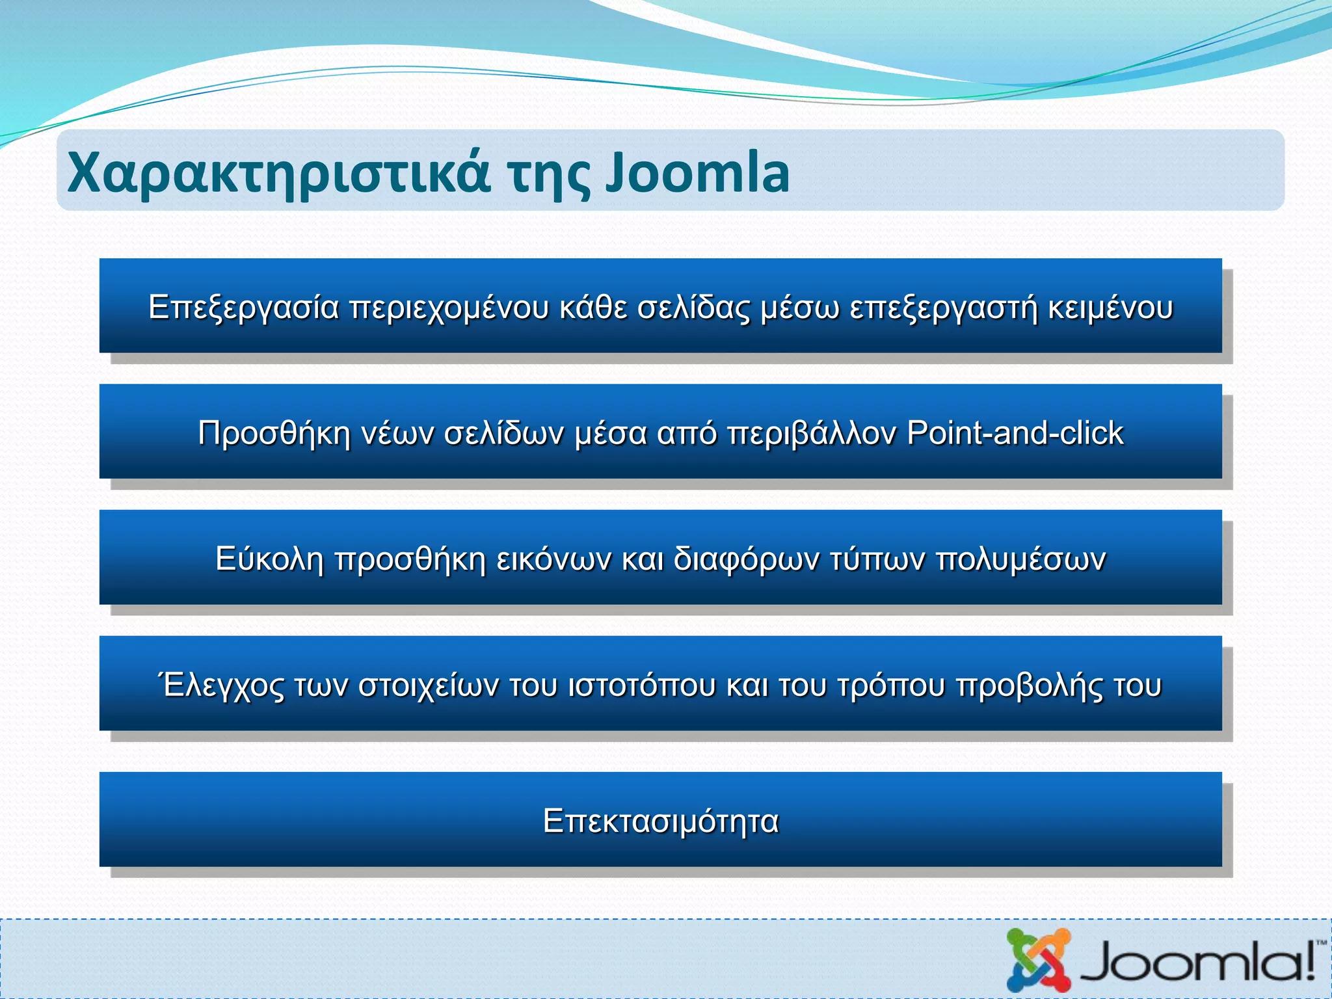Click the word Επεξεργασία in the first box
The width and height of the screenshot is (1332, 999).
click(x=244, y=308)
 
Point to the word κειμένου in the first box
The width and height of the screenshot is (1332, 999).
click(x=1110, y=308)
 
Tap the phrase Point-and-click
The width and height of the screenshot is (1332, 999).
click(x=1015, y=433)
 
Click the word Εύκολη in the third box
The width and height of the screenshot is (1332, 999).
click(x=269, y=559)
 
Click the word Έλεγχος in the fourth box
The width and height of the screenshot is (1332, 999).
click(x=221, y=685)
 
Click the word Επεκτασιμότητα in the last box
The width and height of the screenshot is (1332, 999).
click(x=661, y=821)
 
